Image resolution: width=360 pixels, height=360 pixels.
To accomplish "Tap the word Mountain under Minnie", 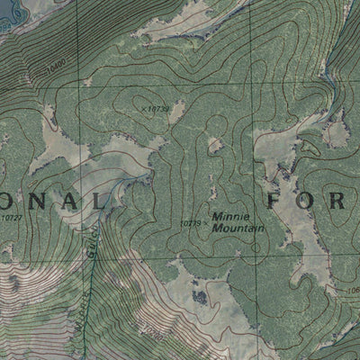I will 238,229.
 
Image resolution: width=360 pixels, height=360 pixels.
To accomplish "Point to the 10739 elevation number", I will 157,109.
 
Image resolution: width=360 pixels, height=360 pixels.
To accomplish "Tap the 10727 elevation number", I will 11,217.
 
